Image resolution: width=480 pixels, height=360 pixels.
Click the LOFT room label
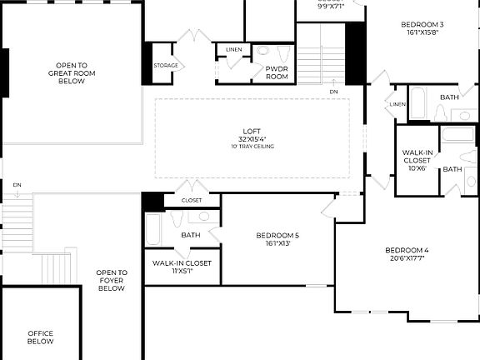coord(252,131)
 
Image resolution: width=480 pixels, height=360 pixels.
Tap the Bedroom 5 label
coord(277,235)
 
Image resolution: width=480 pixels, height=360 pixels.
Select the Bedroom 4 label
coord(407,250)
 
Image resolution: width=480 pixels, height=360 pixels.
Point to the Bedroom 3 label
coord(423,24)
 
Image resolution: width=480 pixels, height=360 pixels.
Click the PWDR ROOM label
coord(277,72)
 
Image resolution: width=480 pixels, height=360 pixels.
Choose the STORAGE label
coord(165,65)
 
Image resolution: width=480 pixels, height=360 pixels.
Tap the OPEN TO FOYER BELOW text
coord(112,281)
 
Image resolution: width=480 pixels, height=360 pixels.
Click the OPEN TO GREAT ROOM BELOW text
coord(72,73)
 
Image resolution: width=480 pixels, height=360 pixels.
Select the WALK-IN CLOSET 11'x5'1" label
coord(182,263)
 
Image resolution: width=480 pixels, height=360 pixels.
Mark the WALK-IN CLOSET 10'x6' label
coord(417,152)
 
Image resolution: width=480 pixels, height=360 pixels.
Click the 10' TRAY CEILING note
coord(252,147)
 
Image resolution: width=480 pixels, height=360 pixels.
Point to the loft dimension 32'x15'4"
coord(252,139)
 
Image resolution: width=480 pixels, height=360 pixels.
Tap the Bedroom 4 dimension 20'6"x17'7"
coord(407,258)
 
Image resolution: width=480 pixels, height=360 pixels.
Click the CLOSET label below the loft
coord(192,201)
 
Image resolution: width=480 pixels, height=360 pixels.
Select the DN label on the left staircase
coord(17,184)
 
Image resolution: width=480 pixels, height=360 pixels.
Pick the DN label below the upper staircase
coord(333,91)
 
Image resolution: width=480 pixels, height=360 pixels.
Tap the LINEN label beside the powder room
coord(234,51)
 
